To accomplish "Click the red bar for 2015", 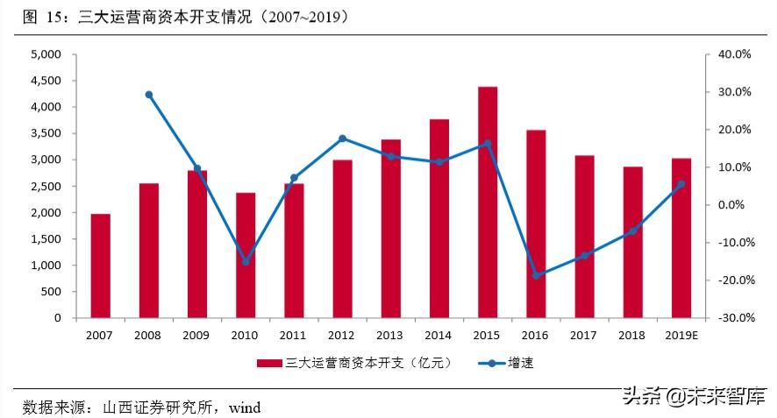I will pos(488,202).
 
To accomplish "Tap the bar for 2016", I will pos(536,223).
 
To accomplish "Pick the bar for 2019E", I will pos(681,237).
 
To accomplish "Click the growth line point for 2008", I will pos(149,95).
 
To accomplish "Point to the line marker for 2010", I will pos(246,261).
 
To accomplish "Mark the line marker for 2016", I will pos(536,275).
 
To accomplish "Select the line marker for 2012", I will pos(342,138).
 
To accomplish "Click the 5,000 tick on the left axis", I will pos(45,54).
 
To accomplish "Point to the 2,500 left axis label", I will pos(45,187).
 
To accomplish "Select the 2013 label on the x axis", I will pos(390,335).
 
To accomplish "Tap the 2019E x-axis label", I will pos(681,335).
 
